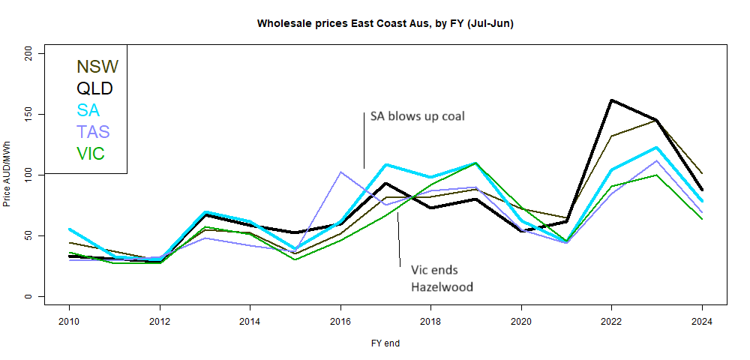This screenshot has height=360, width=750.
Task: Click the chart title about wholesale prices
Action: (x=385, y=23)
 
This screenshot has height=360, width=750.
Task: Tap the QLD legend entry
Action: (x=94, y=89)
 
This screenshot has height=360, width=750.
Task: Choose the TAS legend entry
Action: (x=93, y=132)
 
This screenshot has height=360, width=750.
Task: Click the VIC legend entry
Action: (x=90, y=154)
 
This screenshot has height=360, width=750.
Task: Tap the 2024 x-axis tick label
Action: (x=703, y=322)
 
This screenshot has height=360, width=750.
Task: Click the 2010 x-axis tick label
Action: (x=69, y=322)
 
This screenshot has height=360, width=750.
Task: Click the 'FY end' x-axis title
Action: (x=385, y=343)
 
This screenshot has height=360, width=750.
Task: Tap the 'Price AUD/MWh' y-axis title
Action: (x=7, y=174)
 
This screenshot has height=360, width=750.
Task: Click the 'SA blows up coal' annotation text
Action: (x=418, y=116)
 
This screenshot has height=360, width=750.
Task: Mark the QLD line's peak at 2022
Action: (x=612, y=100)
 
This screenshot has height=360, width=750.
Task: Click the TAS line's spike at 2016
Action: (x=341, y=172)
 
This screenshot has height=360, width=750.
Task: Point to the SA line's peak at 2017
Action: (x=386, y=164)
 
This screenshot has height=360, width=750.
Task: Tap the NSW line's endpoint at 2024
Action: (x=702, y=173)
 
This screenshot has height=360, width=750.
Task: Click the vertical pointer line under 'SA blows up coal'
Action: (x=364, y=141)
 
